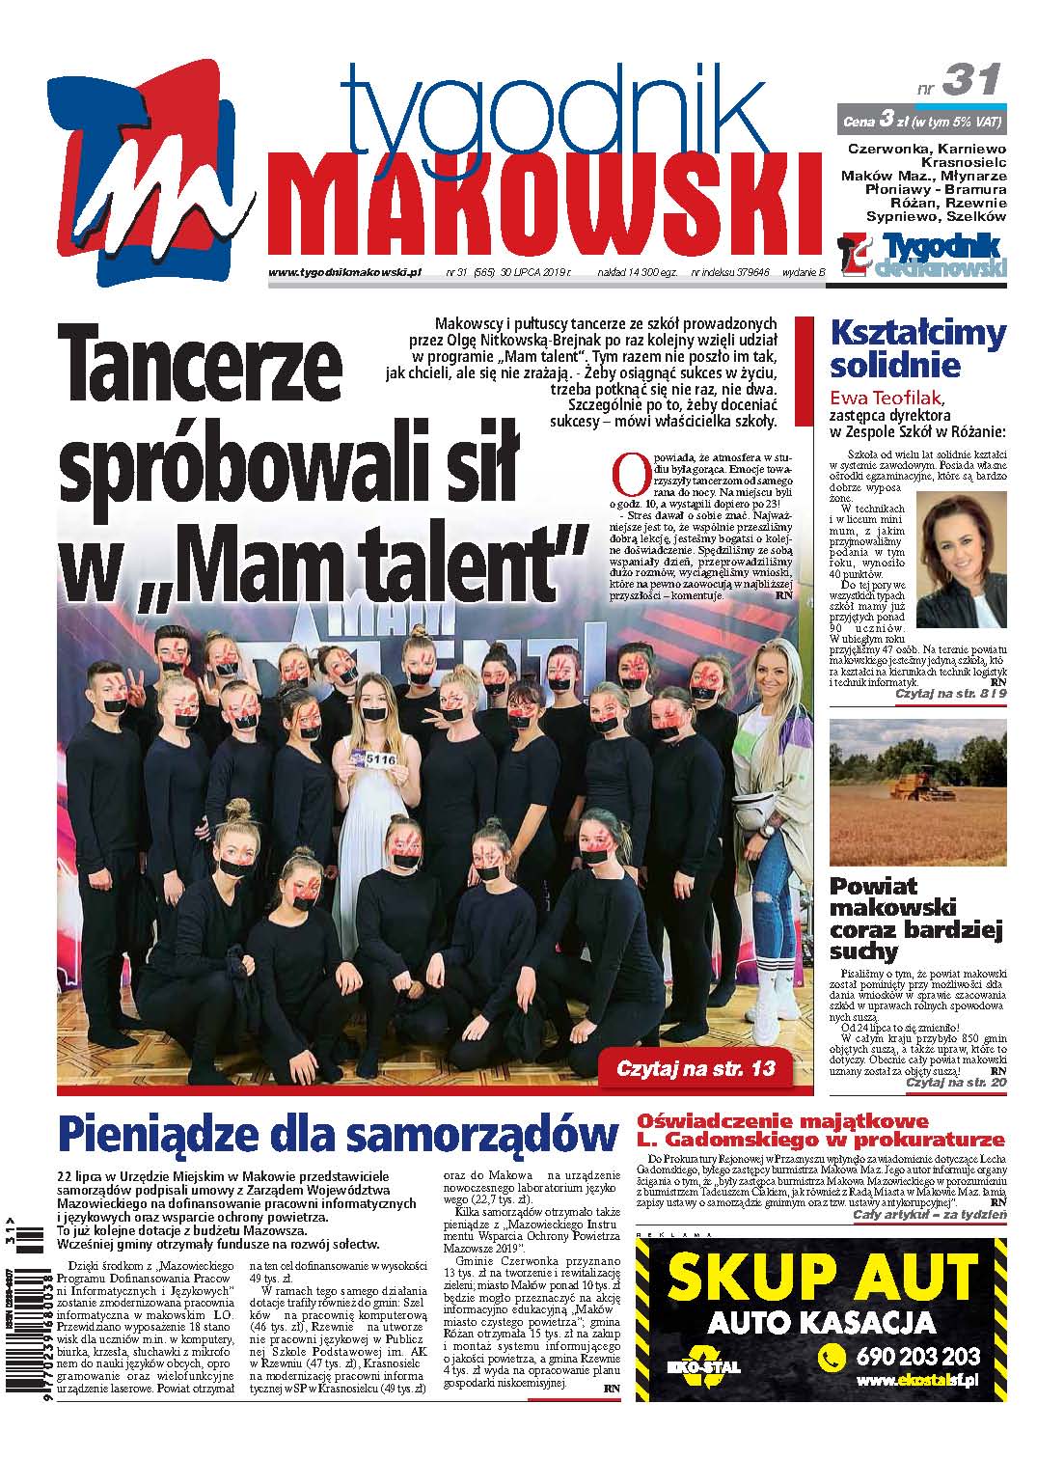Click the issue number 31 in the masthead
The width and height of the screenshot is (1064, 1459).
(x=971, y=78)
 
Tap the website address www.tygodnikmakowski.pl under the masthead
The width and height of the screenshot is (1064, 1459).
(x=346, y=273)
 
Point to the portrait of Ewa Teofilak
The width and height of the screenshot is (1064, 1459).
(x=960, y=560)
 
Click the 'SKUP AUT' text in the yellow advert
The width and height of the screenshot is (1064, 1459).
(x=821, y=1278)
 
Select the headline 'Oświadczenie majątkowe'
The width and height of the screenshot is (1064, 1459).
(x=783, y=1121)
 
